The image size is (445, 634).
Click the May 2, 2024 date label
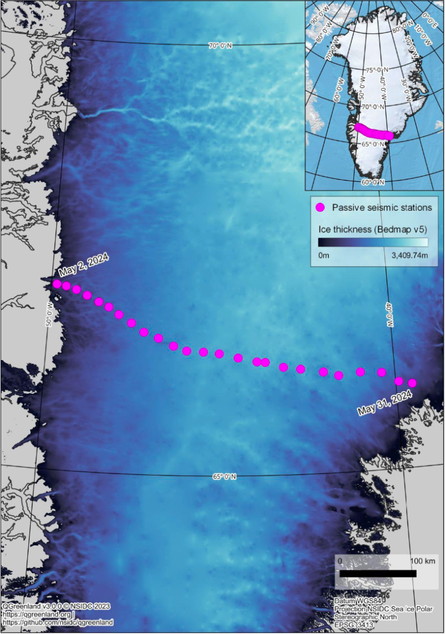pos(83,265)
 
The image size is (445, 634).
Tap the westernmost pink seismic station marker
pos(57,284)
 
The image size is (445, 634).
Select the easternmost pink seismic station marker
pos(412,383)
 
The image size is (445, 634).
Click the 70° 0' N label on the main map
pos(220,45)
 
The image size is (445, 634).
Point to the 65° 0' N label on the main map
pos(223,477)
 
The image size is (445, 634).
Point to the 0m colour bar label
pos(323,255)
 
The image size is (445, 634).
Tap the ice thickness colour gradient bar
pos(373,242)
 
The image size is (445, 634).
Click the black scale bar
pos(378,573)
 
